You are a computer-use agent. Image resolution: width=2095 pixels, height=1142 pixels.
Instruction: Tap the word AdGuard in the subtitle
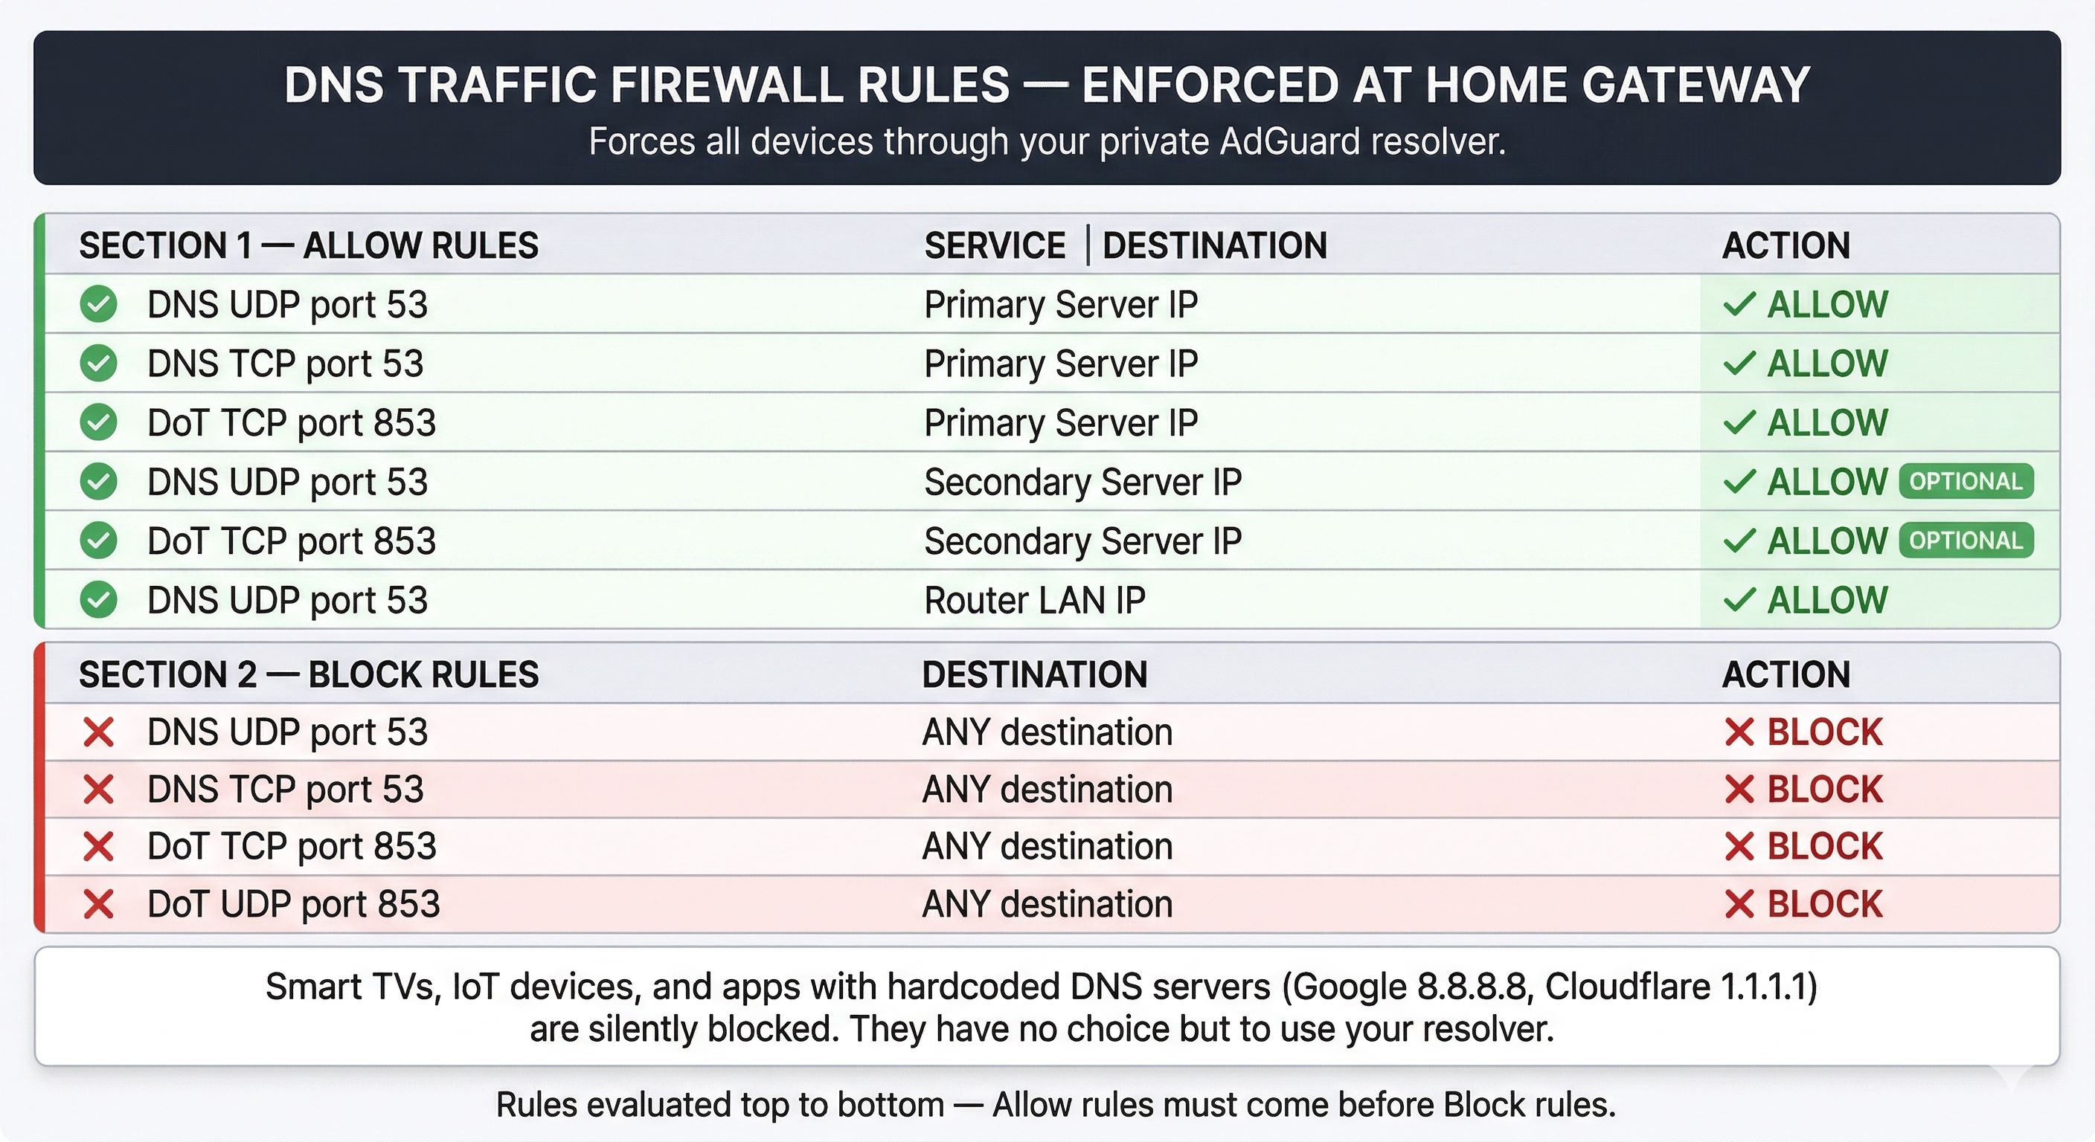(1290, 141)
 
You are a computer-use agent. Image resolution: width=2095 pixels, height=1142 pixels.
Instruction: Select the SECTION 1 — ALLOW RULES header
(308, 245)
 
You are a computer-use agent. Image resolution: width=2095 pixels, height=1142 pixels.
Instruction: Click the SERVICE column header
(995, 245)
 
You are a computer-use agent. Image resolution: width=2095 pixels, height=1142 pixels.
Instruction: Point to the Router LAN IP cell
(1035, 601)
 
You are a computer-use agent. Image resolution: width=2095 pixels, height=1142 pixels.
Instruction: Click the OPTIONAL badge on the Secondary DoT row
(1966, 541)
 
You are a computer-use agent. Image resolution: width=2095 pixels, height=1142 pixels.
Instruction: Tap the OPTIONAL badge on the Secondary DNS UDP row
(1966, 482)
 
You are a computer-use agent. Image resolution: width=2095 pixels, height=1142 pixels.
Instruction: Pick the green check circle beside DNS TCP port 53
(98, 364)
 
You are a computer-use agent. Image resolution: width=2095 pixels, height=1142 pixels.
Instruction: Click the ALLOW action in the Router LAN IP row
(1826, 601)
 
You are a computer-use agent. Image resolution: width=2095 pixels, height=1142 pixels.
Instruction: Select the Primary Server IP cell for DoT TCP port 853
(1060, 422)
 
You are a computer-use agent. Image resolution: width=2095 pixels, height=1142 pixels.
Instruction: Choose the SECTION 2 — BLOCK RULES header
(308, 674)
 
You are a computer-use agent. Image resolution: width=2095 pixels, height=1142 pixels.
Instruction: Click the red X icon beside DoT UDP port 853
(98, 905)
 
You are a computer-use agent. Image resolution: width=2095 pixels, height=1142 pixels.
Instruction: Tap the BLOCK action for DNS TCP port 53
(1824, 790)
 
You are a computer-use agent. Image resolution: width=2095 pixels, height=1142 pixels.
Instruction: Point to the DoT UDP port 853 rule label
(294, 905)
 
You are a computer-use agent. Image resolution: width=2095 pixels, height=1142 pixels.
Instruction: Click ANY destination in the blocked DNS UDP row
(1047, 732)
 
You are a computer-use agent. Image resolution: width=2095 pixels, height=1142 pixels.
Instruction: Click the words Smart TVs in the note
(352, 987)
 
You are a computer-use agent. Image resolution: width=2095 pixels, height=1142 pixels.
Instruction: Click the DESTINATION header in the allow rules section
(1214, 245)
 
